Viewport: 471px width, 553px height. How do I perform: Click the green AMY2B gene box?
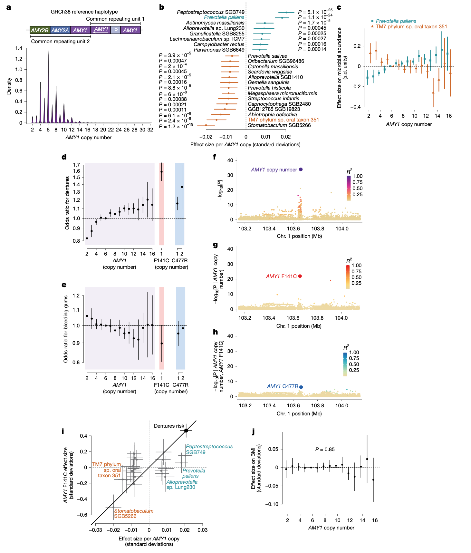(40, 30)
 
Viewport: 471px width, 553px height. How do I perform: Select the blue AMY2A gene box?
(60, 30)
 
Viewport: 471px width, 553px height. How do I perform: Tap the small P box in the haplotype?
(116, 30)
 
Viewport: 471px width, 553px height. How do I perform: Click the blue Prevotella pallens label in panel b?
(224, 17)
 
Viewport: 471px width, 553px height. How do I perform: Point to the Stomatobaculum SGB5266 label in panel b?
(279, 125)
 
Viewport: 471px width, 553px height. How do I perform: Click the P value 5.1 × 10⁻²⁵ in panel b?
(315, 12)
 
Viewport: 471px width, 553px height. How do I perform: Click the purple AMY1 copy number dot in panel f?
(301, 170)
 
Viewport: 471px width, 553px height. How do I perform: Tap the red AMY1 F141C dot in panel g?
(300, 276)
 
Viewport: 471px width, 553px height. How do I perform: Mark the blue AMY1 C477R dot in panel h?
(301, 387)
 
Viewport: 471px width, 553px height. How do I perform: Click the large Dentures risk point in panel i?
(186, 431)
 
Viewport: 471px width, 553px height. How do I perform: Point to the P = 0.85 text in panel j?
(325, 449)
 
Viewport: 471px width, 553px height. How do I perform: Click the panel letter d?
(64, 157)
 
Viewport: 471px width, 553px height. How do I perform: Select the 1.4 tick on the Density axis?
(19, 48)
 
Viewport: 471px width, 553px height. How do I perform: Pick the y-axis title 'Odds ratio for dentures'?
(67, 203)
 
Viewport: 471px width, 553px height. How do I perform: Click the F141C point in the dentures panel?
(162, 172)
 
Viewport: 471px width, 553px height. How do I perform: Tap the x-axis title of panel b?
(245, 145)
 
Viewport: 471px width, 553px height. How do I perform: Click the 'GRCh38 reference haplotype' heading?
(84, 12)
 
